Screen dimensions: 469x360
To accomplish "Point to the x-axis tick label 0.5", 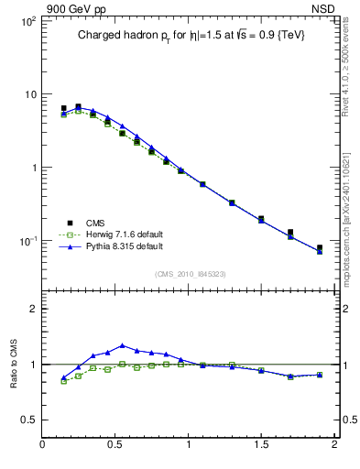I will tap(115, 446).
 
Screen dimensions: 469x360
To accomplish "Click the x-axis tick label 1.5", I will tap(261, 446).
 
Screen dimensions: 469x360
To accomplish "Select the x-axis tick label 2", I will tap(334, 446).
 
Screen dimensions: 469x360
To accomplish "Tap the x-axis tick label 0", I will tap(42, 446).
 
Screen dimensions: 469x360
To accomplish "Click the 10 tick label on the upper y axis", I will tap(29, 94).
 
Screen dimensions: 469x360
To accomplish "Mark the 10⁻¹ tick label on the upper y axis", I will tap(27, 241).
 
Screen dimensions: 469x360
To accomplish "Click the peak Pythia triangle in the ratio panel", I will tap(123, 345).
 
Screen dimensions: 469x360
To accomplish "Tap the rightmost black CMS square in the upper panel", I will tap(320, 247).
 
